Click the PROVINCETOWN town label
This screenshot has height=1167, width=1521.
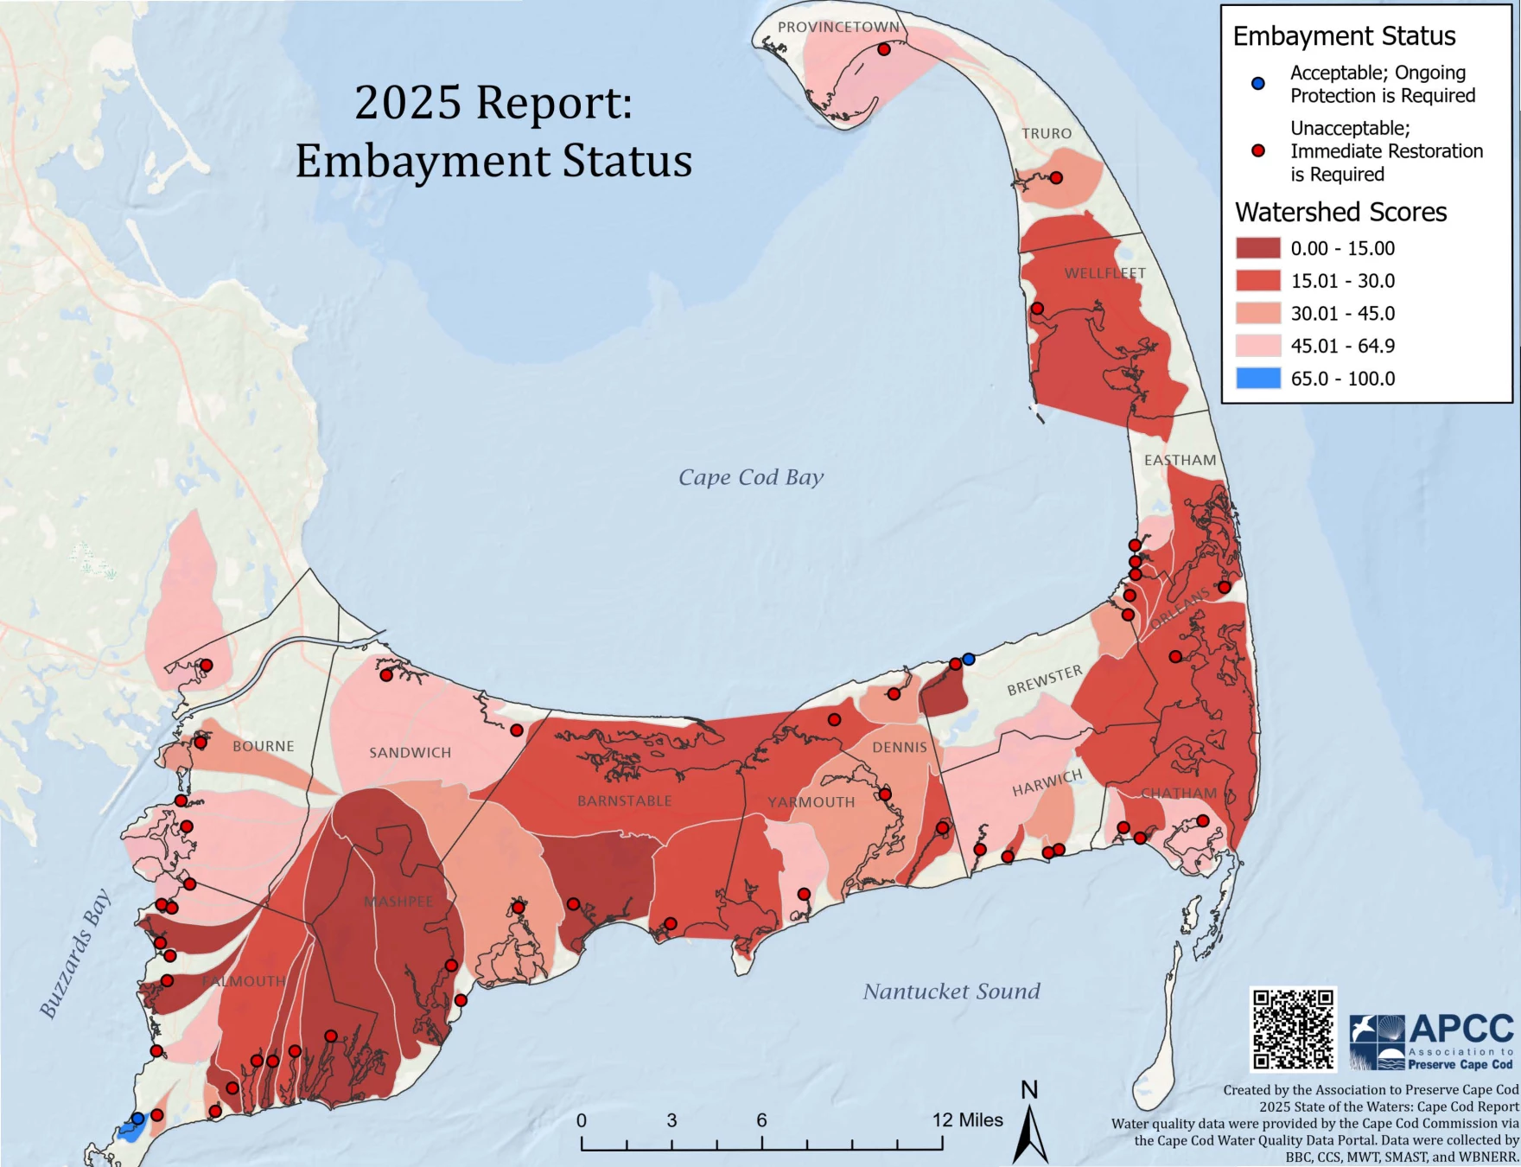(x=838, y=27)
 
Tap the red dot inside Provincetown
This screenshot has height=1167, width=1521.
(x=883, y=49)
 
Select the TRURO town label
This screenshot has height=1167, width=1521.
(x=1047, y=133)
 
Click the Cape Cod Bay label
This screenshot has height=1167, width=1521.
(x=750, y=477)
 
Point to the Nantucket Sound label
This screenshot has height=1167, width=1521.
(x=951, y=992)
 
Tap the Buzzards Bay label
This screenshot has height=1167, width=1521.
(x=76, y=953)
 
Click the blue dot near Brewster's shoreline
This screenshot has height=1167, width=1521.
(x=969, y=659)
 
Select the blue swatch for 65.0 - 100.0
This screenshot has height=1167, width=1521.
(x=1257, y=379)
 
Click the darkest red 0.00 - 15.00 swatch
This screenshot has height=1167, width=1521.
(x=1257, y=248)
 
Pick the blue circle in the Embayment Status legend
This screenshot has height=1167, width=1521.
(x=1258, y=84)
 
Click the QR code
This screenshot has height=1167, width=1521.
(x=1293, y=1029)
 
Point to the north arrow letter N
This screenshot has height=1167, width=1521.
(x=1029, y=1090)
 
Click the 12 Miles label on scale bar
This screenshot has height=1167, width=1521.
(x=967, y=1120)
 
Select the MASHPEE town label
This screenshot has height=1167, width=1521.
(x=398, y=902)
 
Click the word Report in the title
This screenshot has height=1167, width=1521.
(x=554, y=103)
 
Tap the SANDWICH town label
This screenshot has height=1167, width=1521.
(x=410, y=753)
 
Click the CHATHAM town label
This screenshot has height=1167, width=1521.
(x=1179, y=794)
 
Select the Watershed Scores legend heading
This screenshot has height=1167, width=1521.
(x=1340, y=213)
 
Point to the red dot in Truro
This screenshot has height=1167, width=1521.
(x=1055, y=177)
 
